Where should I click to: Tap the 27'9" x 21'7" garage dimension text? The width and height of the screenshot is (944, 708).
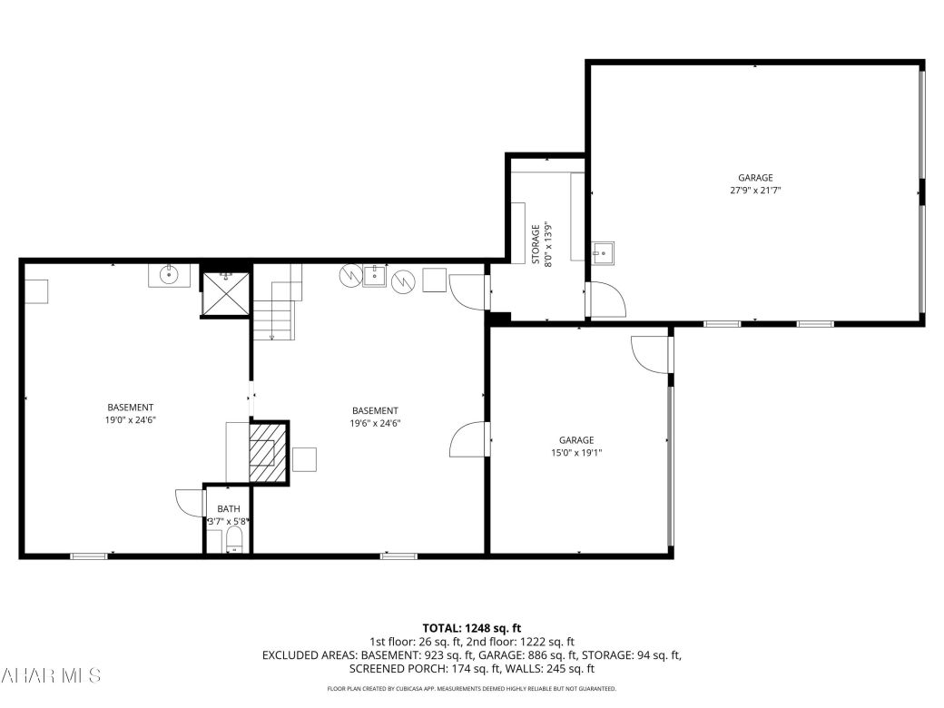point(755,191)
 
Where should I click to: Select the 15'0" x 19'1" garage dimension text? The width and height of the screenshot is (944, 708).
point(576,452)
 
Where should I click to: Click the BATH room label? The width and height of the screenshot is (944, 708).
point(228,509)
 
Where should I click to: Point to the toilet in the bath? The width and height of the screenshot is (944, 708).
point(234,541)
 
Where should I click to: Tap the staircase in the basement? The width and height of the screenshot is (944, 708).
point(276,309)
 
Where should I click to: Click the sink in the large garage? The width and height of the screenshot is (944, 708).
point(603,252)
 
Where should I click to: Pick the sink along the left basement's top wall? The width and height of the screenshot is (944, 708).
point(169,274)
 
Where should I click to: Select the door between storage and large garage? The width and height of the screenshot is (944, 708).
point(605,299)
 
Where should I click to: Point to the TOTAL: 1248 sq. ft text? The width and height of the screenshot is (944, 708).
point(471,627)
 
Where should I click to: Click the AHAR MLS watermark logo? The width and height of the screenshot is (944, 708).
point(52,675)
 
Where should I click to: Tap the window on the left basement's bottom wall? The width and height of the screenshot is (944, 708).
point(89,555)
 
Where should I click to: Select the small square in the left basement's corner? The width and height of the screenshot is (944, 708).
point(36,291)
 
